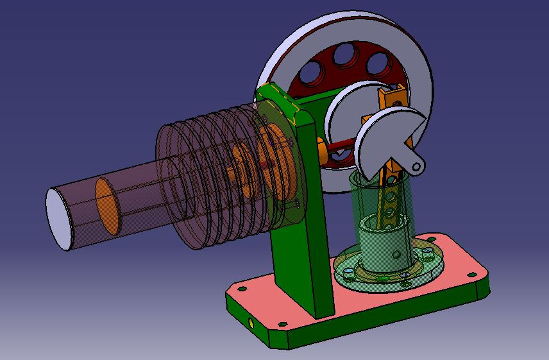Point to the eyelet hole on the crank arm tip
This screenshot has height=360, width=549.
(417, 166)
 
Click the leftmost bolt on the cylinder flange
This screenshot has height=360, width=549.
(348, 272)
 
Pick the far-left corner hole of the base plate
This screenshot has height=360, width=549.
(241, 289)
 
